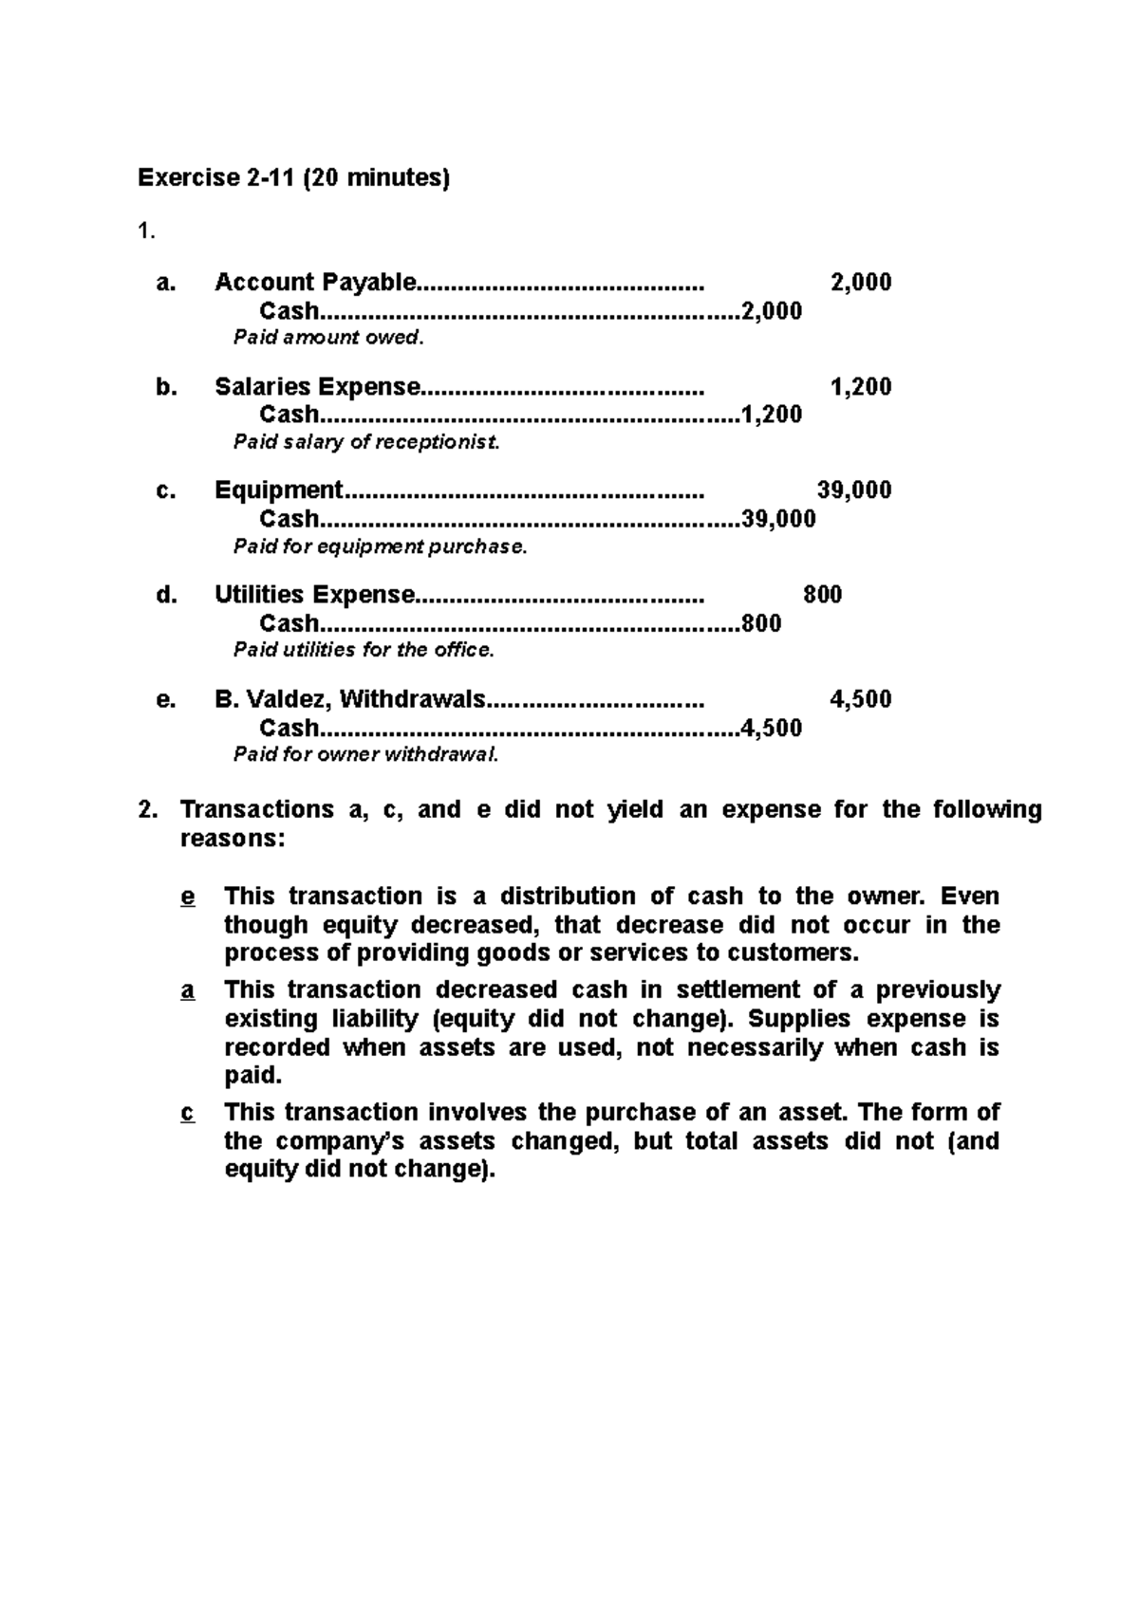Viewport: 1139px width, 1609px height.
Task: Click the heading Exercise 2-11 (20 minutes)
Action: (293, 178)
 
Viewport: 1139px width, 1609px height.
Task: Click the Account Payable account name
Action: (315, 282)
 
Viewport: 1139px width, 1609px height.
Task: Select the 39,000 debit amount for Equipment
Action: (854, 490)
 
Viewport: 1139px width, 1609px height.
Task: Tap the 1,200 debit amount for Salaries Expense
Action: (860, 386)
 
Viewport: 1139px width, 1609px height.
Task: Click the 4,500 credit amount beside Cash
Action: (772, 728)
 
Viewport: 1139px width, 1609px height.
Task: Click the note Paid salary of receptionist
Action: (366, 442)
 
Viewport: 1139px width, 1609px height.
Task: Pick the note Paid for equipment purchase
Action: (380, 546)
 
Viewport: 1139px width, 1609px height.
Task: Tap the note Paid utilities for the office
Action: (364, 650)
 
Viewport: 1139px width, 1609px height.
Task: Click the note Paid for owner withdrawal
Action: (365, 754)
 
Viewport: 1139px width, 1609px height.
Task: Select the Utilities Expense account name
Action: (314, 595)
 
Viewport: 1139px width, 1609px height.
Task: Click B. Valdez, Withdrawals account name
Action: (349, 699)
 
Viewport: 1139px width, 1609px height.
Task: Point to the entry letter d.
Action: (166, 595)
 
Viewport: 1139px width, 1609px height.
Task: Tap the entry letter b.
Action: (166, 386)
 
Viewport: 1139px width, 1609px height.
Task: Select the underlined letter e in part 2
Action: (187, 897)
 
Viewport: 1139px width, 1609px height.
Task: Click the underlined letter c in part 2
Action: (187, 1113)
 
